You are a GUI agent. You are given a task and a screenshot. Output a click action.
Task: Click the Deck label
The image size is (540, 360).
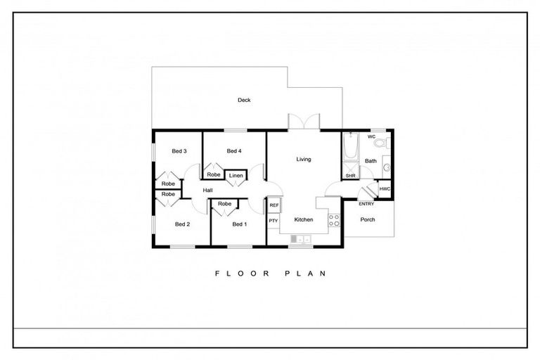pos(244,101)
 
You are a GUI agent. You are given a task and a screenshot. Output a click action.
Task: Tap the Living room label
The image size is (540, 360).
pos(303,160)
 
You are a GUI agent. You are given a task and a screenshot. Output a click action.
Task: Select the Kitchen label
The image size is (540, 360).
pos(303,220)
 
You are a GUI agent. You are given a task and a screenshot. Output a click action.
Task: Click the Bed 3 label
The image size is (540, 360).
pos(179,151)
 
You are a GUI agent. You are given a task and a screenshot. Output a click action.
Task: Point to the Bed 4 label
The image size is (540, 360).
pos(234,151)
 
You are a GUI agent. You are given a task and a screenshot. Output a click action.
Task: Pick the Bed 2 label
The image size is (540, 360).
pos(182,224)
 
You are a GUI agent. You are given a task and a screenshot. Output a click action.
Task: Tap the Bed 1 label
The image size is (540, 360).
pos(240,224)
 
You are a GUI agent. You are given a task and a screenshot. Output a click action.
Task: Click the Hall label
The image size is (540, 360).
pos(208,191)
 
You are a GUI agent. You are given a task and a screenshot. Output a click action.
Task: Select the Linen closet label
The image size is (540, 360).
pos(236,175)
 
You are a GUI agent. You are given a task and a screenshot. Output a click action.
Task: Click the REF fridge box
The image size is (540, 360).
pos(274,205)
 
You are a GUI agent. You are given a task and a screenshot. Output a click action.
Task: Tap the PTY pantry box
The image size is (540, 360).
pos(274,221)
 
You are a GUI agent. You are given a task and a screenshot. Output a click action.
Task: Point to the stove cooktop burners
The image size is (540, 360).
pos(335,219)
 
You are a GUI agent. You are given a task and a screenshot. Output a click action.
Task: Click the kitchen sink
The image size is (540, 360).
pos(300,240)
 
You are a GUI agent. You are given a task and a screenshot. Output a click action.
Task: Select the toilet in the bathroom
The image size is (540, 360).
pos(380,144)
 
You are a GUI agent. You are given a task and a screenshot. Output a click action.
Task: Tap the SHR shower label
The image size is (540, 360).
pos(349,175)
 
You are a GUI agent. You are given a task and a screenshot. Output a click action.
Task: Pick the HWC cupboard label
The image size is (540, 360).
pos(385,189)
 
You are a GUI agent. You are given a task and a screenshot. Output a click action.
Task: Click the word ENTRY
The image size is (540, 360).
pos(366,204)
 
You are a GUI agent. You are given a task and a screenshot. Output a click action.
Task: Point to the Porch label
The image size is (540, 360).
pos(368,219)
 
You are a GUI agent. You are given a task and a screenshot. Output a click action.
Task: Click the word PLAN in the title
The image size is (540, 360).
pos(306,274)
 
